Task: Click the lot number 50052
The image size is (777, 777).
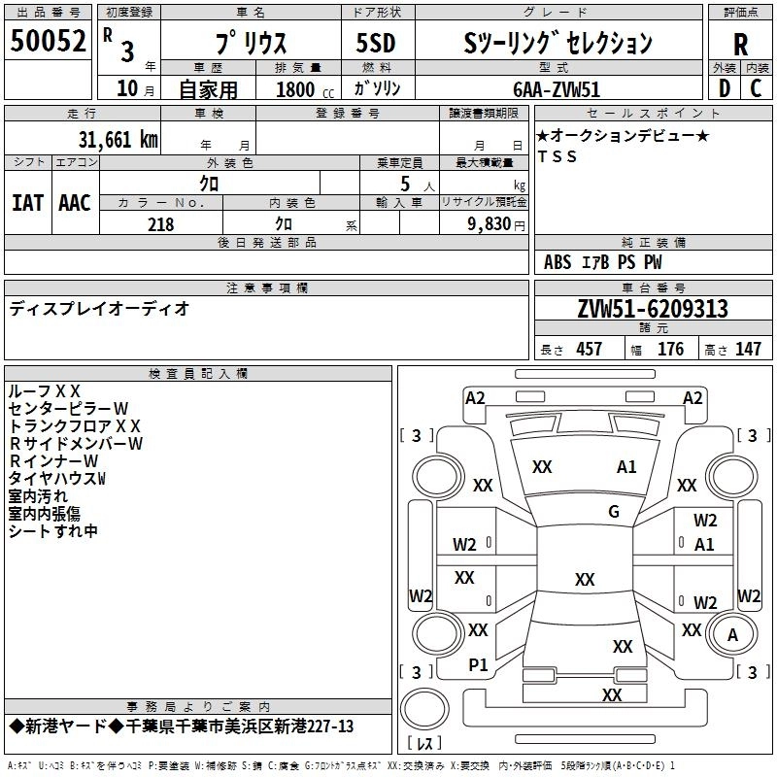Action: (48, 41)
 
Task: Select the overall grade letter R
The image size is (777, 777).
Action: (740, 45)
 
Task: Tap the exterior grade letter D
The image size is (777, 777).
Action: (725, 88)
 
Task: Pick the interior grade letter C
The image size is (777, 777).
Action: (756, 88)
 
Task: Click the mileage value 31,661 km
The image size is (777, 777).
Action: (118, 140)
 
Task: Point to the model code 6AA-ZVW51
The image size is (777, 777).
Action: (557, 89)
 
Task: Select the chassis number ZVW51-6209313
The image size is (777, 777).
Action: (653, 309)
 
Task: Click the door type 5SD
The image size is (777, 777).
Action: (376, 43)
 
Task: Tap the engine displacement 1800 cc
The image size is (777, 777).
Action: (305, 89)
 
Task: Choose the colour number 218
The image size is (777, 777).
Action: (161, 224)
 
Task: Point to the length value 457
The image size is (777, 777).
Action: (590, 349)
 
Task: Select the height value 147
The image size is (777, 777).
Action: (748, 349)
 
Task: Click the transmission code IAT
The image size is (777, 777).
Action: (28, 203)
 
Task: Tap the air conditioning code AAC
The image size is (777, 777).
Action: (75, 203)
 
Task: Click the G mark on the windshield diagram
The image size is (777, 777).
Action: (614, 512)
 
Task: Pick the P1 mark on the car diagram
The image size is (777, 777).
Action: (478, 665)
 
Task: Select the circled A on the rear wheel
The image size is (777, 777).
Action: (732, 635)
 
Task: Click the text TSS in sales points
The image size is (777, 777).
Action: (557, 156)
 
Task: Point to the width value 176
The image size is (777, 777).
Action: (670, 349)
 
